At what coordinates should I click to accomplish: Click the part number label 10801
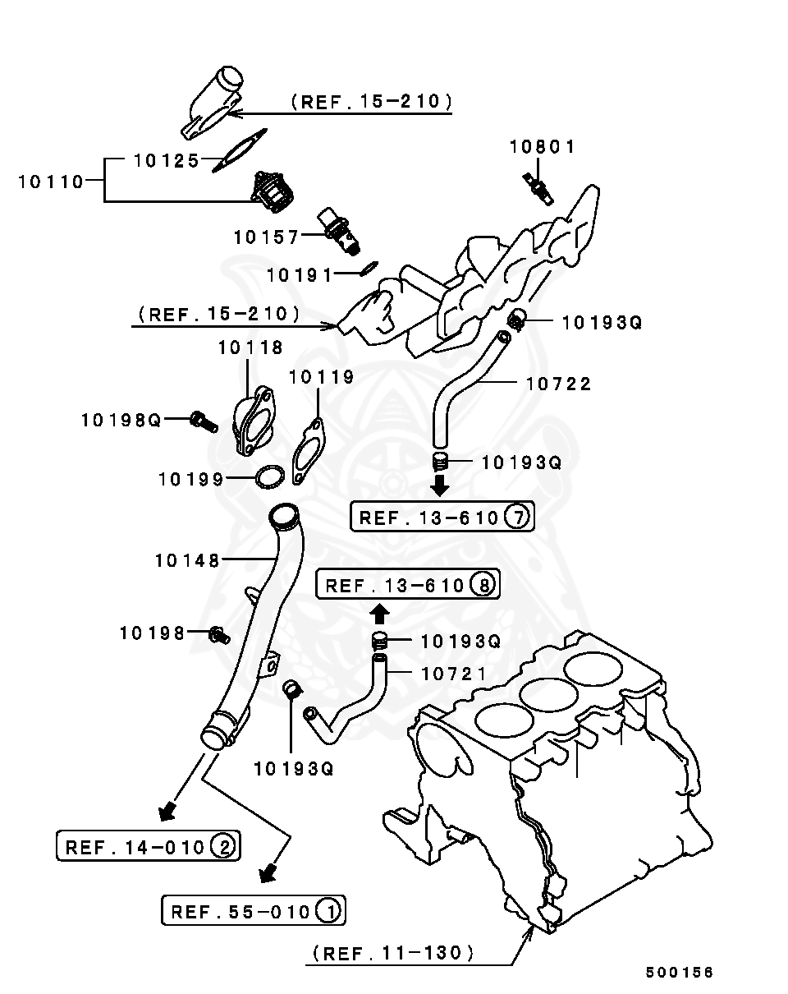point(542,147)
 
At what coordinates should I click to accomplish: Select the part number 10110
point(51,182)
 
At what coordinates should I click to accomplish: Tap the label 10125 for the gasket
point(167,160)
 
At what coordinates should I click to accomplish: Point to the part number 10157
point(266,237)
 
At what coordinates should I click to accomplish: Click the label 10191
point(300,275)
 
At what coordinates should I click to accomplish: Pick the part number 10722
point(558,384)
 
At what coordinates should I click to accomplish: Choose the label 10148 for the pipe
point(187,561)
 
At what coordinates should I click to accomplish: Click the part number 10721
point(454,674)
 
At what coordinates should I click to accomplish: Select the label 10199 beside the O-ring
point(190,479)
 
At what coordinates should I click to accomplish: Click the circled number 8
point(483,585)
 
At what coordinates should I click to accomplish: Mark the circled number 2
point(222,845)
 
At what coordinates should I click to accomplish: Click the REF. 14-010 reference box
point(148,845)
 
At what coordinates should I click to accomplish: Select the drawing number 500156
point(679,973)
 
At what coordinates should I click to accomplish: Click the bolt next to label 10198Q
point(204,422)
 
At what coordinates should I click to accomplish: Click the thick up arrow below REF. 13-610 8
point(378,613)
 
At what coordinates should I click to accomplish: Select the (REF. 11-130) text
point(392,954)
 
